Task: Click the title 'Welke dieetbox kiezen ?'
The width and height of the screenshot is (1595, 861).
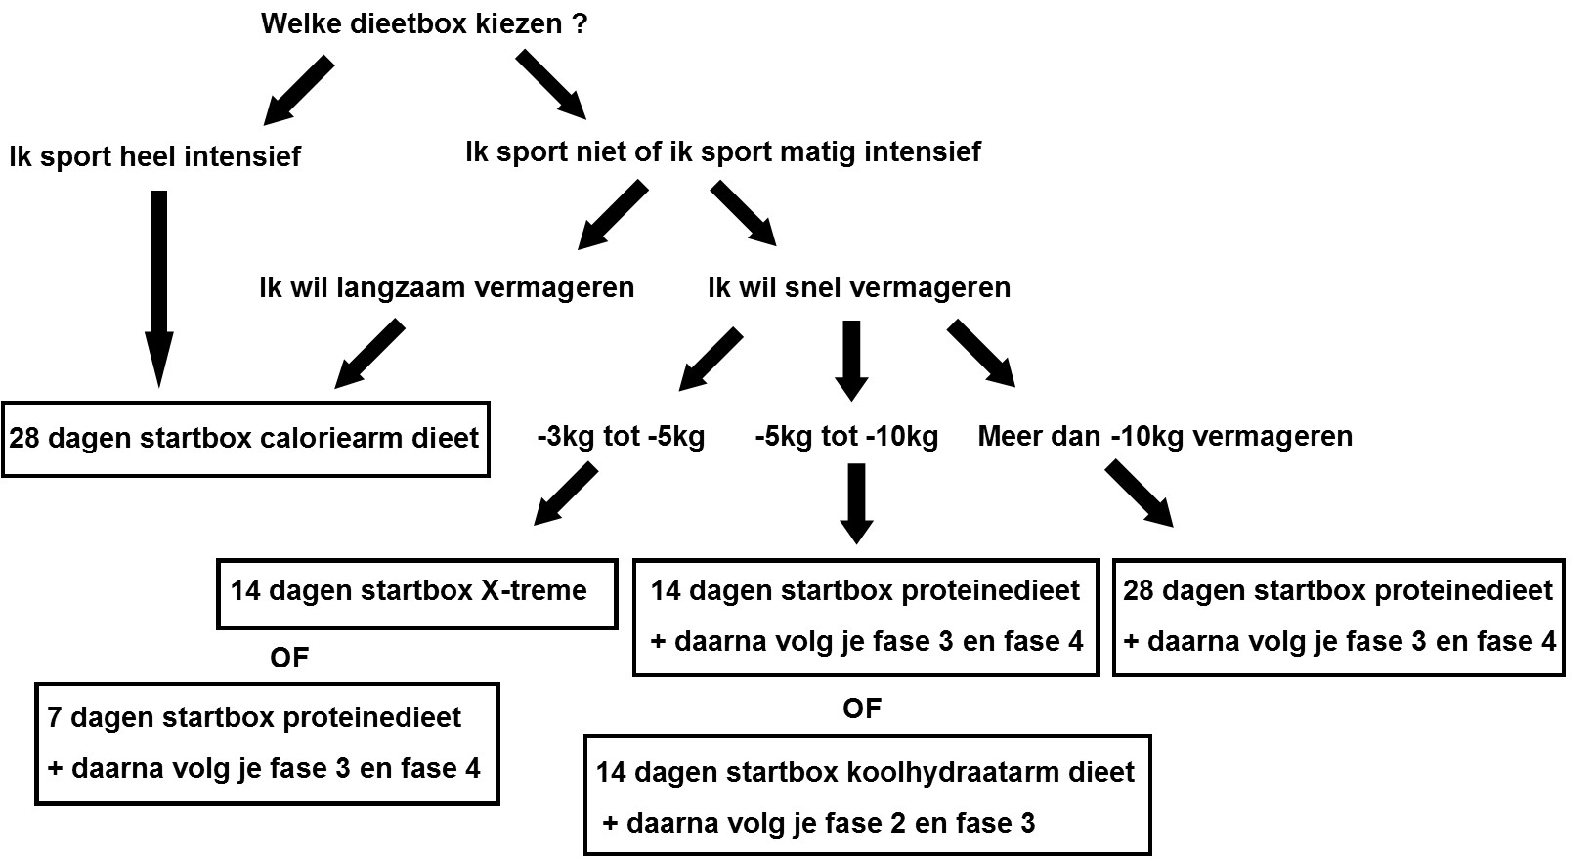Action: [x=424, y=23]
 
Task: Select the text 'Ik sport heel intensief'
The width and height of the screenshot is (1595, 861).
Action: [x=155, y=156]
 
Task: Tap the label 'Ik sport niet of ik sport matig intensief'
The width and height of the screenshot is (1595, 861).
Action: [x=724, y=152]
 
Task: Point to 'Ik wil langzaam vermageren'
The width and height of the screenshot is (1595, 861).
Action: [x=447, y=287]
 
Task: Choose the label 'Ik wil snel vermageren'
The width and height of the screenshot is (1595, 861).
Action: [x=859, y=287]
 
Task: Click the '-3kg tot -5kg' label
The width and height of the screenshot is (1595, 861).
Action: [x=621, y=436]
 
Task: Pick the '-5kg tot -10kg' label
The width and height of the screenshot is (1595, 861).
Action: [x=846, y=436]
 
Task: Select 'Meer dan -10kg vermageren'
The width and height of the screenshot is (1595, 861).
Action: [x=1165, y=436]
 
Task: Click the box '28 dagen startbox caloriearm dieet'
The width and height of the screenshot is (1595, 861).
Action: [x=245, y=438]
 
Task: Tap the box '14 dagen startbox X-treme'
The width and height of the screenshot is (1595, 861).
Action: [x=417, y=593]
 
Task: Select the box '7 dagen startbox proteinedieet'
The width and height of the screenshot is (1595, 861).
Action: [x=267, y=744]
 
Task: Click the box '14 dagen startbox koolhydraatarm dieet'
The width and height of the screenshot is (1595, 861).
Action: [x=867, y=796]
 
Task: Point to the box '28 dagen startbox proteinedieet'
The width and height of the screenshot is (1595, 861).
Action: [x=1338, y=617]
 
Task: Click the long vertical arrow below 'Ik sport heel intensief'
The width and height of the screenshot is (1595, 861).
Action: [x=159, y=288]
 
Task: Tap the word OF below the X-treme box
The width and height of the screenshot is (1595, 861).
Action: [x=289, y=658]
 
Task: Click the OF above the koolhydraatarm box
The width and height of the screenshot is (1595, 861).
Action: [x=862, y=709]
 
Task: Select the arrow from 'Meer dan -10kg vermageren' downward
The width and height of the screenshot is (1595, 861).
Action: [x=1140, y=495]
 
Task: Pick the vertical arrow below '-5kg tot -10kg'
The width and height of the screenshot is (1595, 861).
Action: [x=857, y=502]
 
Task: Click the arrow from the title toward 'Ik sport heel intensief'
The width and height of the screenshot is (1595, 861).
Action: [x=299, y=90]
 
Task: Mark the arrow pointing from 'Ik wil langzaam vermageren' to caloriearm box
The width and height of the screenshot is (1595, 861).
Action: [x=370, y=355]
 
